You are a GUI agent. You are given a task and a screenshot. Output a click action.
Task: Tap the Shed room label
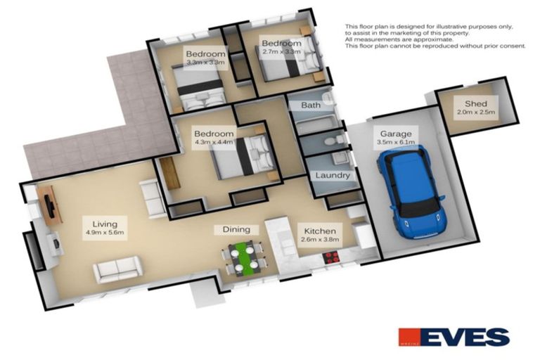[x=465, y=102]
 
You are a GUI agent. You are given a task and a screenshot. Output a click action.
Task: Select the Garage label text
[x=395, y=133]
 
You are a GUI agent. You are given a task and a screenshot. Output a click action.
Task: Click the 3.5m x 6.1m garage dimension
[x=395, y=142]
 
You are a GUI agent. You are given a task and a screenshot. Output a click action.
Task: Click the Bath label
[x=311, y=105]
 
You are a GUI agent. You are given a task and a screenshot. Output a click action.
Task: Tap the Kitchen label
[x=320, y=230]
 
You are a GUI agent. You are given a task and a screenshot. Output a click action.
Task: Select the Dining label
[x=236, y=229]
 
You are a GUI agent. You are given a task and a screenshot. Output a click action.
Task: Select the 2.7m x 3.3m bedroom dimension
[x=281, y=51]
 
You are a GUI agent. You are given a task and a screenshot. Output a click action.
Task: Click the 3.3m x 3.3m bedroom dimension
[x=205, y=63]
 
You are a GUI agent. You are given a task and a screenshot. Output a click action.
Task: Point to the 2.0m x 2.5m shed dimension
[x=465, y=112]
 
